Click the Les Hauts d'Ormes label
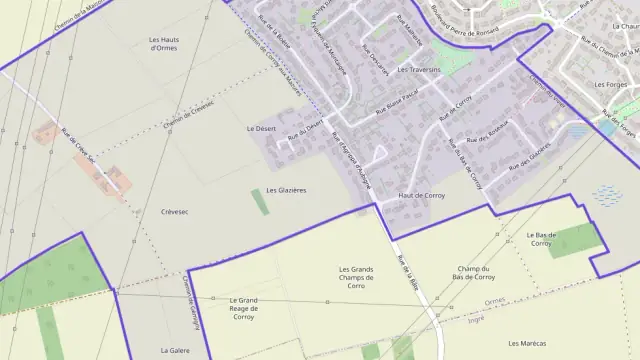click(156, 43)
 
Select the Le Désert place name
click(260, 129)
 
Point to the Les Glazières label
click(286, 190)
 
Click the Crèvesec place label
click(174, 212)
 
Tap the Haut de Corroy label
click(421, 195)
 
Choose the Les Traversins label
click(419, 71)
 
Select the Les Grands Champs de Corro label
click(356, 277)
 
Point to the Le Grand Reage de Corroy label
click(244, 305)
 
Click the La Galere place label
click(175, 351)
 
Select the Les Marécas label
click(526, 343)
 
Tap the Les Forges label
click(609, 85)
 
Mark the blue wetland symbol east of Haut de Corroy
click(606, 194)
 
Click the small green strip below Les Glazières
click(260, 202)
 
